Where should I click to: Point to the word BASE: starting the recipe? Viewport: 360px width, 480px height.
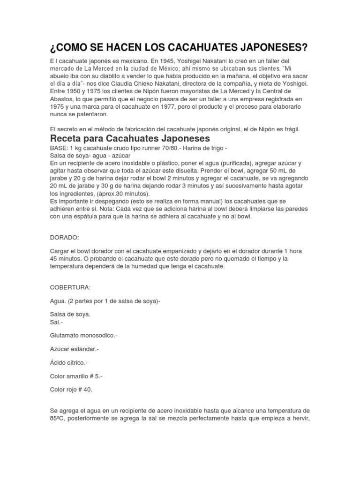point(59,148)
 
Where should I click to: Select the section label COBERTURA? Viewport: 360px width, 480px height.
point(70,286)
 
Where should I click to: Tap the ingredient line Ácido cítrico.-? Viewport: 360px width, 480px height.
point(68,363)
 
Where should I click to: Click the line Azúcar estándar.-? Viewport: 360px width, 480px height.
point(74,349)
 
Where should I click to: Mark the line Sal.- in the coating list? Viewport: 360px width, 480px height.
point(56,322)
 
